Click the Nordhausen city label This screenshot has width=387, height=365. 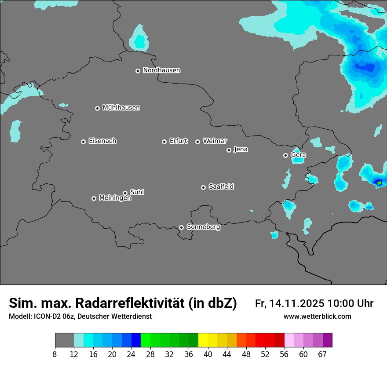pyautogui.click(x=161, y=70)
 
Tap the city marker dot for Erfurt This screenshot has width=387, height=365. pyautogui.click(x=164, y=142)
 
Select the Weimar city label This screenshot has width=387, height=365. pyautogui.click(x=215, y=141)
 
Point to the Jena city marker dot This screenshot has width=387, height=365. pyautogui.click(x=229, y=150)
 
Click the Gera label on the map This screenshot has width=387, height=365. pyautogui.click(x=298, y=155)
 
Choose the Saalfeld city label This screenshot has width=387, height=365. pyautogui.click(x=221, y=186)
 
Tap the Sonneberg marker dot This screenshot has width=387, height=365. pyautogui.click(x=181, y=227)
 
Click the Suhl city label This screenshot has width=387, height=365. pyautogui.click(x=137, y=192)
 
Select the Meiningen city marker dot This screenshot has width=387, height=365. pyautogui.click(x=94, y=198)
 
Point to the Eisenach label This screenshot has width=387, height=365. pyautogui.click(x=102, y=141)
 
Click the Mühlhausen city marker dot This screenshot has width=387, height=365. pyautogui.click(x=97, y=108)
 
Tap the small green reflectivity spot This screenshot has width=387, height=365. pyautogui.click(x=379, y=182)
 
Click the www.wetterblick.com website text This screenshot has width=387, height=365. pyautogui.click(x=317, y=317)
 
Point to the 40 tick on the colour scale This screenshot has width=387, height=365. pyautogui.click(x=208, y=354)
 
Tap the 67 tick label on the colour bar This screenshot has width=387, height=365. pyautogui.click(x=322, y=354)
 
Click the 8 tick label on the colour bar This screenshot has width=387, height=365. pyautogui.click(x=55, y=354)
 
